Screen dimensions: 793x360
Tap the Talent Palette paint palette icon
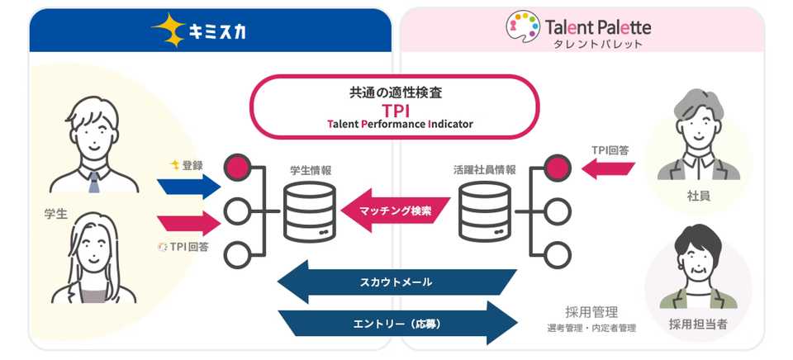click(x=523, y=27)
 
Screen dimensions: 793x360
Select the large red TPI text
click(x=395, y=110)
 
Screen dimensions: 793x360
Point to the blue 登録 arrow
click(x=188, y=187)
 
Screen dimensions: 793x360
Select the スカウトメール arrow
click(x=397, y=282)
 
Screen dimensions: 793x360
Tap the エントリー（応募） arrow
click(x=397, y=323)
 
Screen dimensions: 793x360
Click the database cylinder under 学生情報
click(x=309, y=212)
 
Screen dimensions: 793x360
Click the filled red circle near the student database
click(x=237, y=168)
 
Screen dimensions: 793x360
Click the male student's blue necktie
click(x=94, y=182)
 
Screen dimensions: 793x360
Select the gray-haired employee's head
click(x=699, y=117)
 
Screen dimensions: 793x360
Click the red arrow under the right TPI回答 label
click(x=608, y=168)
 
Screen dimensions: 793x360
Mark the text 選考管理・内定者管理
click(x=591, y=328)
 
